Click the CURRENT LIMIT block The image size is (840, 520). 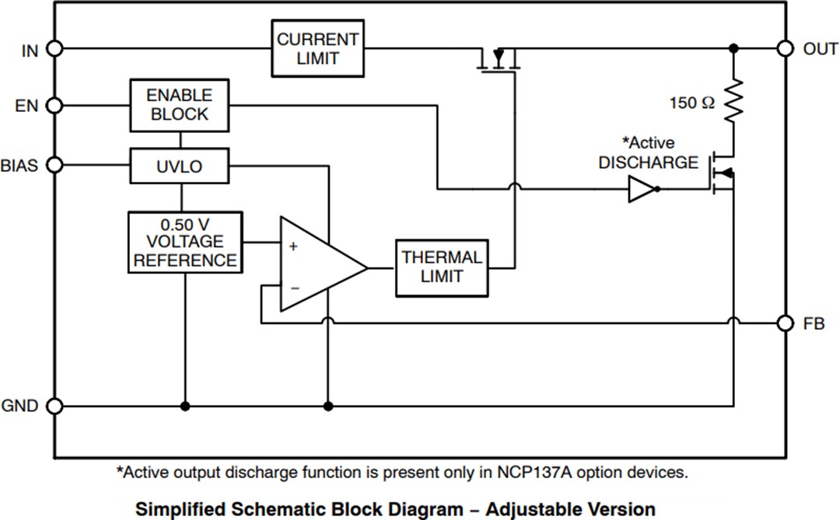[x=317, y=48]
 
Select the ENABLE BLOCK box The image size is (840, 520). [x=179, y=105]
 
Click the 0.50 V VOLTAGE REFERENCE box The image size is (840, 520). [x=185, y=242]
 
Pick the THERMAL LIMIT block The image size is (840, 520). [x=442, y=267]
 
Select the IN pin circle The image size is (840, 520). [x=54, y=49]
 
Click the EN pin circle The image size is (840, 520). [x=54, y=105]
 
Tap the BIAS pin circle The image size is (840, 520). [x=54, y=165]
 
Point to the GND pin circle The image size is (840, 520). [x=54, y=406]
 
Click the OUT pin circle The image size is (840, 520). [x=786, y=48]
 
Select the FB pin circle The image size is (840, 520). [x=786, y=323]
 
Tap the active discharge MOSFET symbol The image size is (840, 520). [x=722, y=173]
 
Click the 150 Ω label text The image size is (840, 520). [x=691, y=103]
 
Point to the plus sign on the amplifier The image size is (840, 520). [x=293, y=246]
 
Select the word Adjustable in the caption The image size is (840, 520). [x=529, y=509]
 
